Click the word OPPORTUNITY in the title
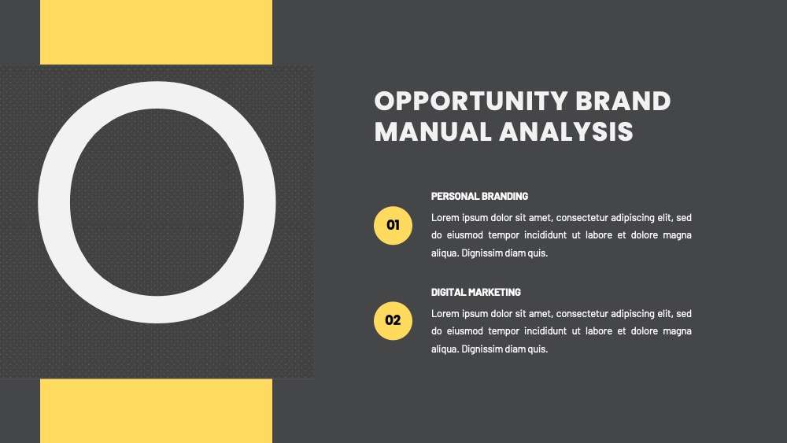[x=471, y=101]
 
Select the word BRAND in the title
[x=623, y=101]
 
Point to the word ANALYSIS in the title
[x=566, y=131]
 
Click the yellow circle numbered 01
[x=393, y=225]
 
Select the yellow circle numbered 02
[x=393, y=320]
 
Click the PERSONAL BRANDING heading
[x=479, y=196]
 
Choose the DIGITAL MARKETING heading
[x=476, y=292]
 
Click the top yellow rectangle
[x=156, y=32]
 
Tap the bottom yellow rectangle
[x=156, y=411]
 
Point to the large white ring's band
[x=54, y=203]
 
